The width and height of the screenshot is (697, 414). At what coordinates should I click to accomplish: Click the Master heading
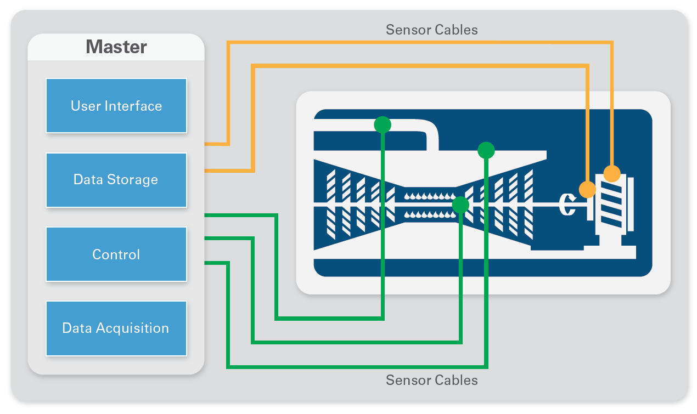[116, 47]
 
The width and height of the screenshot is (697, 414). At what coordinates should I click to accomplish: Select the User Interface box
[116, 105]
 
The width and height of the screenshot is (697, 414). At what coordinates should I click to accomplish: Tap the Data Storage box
[116, 180]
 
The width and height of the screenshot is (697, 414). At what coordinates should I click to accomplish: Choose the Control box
[116, 254]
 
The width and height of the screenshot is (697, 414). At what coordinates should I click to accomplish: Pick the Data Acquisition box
[116, 328]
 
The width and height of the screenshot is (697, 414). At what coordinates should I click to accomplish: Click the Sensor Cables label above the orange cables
[431, 30]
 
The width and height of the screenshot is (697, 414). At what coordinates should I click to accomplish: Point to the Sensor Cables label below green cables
[431, 380]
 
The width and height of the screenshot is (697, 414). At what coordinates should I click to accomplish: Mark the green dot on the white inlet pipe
[383, 125]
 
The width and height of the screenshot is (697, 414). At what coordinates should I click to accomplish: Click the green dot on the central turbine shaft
[460, 205]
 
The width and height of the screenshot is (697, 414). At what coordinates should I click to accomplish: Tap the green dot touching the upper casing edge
[486, 150]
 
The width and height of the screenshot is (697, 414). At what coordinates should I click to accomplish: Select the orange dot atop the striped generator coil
[612, 173]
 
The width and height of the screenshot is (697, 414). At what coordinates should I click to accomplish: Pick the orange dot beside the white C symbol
[587, 189]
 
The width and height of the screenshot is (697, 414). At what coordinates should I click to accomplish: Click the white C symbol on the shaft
[567, 205]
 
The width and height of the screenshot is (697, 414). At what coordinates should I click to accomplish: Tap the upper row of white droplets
[430, 196]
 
